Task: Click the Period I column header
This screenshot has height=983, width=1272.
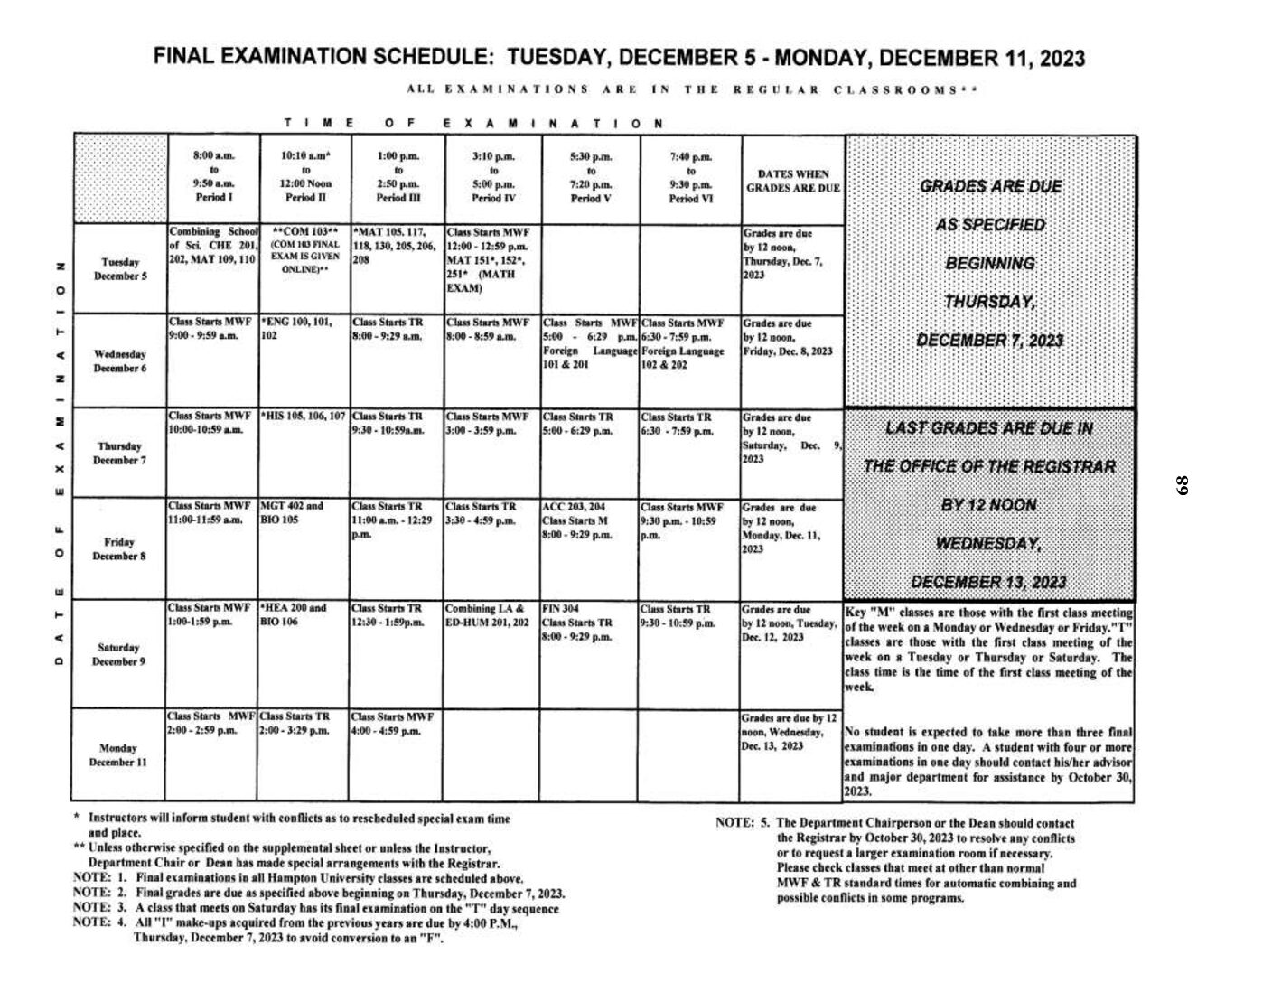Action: [213, 177]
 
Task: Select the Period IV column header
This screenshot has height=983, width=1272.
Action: [492, 177]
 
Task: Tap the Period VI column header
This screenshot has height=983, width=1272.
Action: [690, 177]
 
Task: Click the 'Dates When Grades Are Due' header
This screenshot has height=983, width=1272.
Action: [792, 181]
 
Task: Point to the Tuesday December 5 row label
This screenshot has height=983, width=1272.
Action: [120, 269]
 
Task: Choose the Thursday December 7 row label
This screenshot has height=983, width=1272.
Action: [120, 453]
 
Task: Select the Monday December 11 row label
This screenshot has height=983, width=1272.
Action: [118, 754]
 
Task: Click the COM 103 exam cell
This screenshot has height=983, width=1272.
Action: [304, 250]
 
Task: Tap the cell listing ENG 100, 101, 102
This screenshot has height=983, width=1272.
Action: [304, 327]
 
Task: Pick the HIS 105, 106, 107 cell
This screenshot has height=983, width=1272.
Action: [304, 417]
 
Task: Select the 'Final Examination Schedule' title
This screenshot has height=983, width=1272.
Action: [619, 59]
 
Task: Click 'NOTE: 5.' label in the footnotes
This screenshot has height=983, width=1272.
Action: [742, 823]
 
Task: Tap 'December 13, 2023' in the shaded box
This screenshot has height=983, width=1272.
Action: [988, 581]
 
